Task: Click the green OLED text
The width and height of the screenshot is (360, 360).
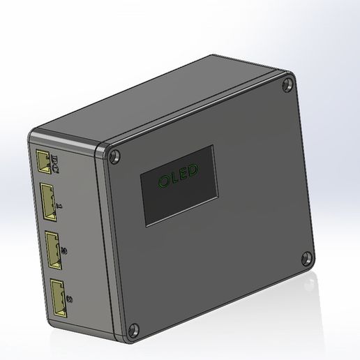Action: click(178, 175)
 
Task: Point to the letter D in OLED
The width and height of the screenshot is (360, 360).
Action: click(194, 169)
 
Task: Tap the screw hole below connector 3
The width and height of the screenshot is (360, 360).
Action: click(134, 327)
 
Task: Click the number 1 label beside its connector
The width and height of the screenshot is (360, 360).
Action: click(61, 206)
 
